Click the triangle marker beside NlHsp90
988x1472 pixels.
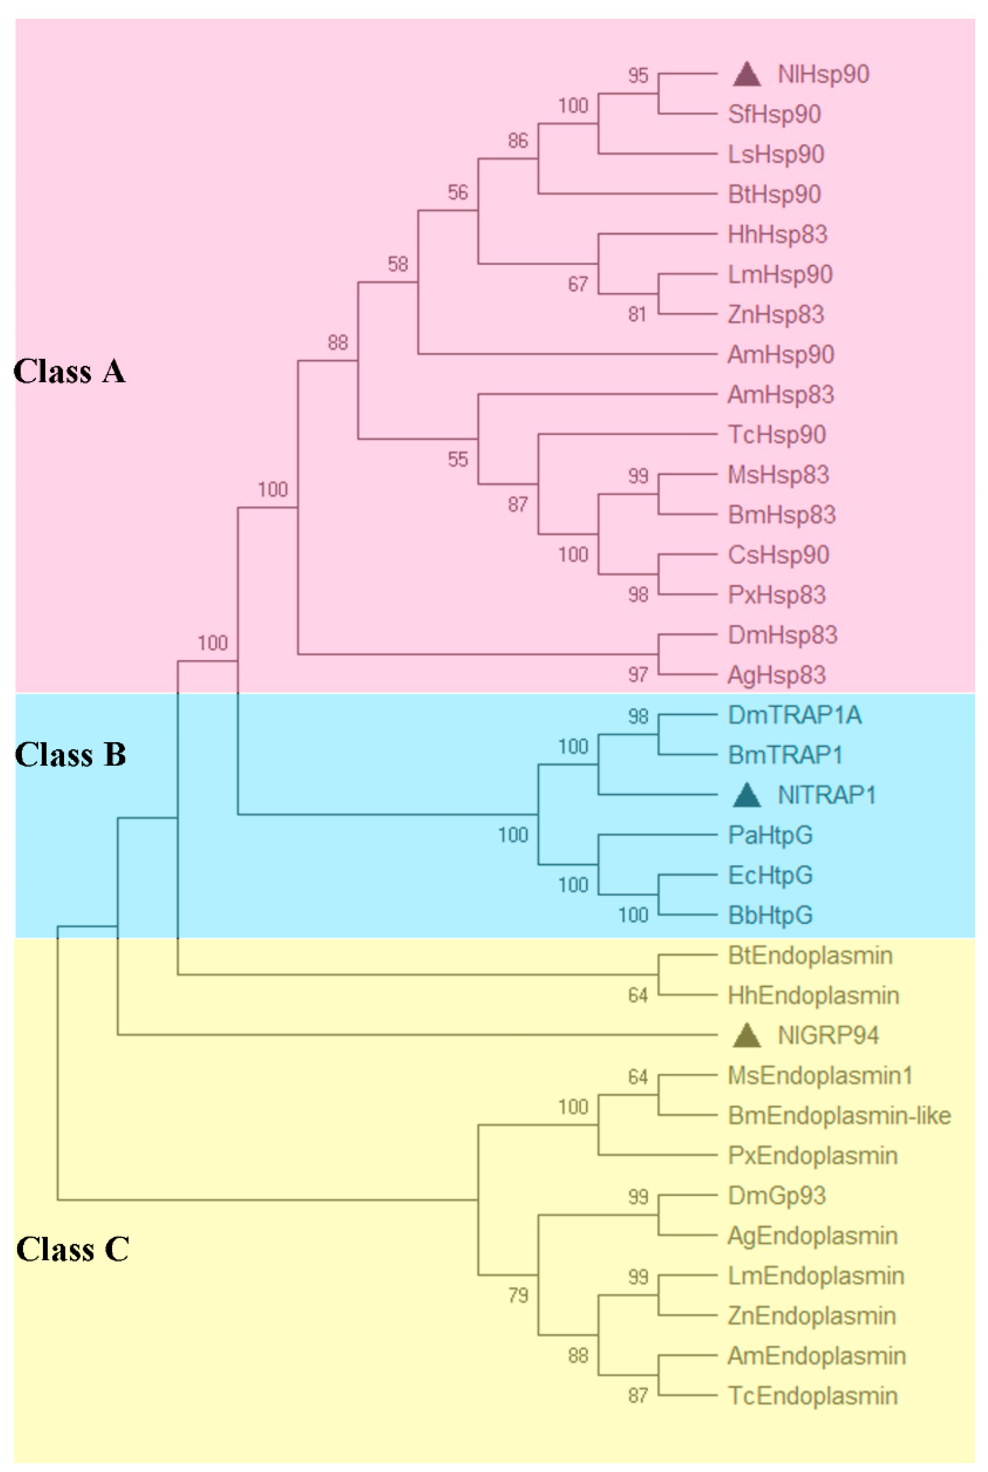(x=747, y=74)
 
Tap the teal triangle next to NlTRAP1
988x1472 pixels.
(x=747, y=795)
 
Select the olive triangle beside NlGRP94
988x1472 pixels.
(x=747, y=1036)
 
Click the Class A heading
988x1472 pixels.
(x=69, y=372)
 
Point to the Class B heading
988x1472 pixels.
(x=70, y=755)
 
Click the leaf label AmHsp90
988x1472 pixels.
(x=781, y=355)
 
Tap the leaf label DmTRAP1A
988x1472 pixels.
(x=794, y=715)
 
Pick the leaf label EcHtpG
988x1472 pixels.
(x=770, y=875)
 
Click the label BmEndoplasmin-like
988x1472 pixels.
(x=839, y=1115)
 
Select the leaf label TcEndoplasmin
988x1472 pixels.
(x=812, y=1396)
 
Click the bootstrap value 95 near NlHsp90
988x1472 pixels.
(x=637, y=76)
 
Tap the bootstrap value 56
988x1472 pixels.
(x=457, y=192)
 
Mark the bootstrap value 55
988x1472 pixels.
(x=457, y=459)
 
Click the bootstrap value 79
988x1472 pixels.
(x=518, y=1295)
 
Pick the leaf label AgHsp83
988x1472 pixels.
(x=776, y=675)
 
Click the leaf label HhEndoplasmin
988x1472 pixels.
(x=813, y=995)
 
